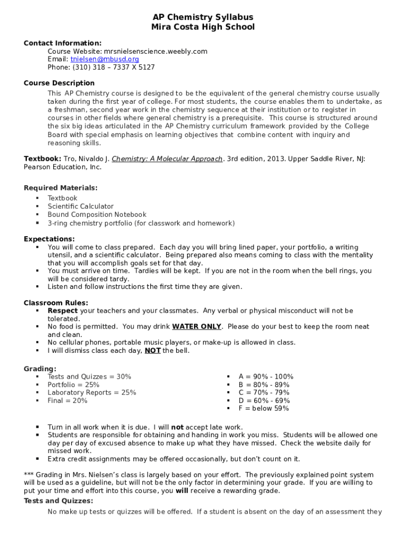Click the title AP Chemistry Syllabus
[203, 17]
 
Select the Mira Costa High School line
[203, 27]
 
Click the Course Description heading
[59, 83]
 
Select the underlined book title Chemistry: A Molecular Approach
[167, 159]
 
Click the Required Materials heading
[61, 188]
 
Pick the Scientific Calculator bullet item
[81, 206]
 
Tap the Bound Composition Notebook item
[97, 215]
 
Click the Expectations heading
[49, 239]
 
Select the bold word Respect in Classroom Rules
[63, 311]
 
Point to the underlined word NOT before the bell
[152, 351]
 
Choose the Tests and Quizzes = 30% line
[89, 377]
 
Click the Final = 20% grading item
[67, 401]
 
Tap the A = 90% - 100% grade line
[266, 377]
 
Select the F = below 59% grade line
[264, 409]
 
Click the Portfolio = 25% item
[73, 385]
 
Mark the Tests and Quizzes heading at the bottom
[58, 501]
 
